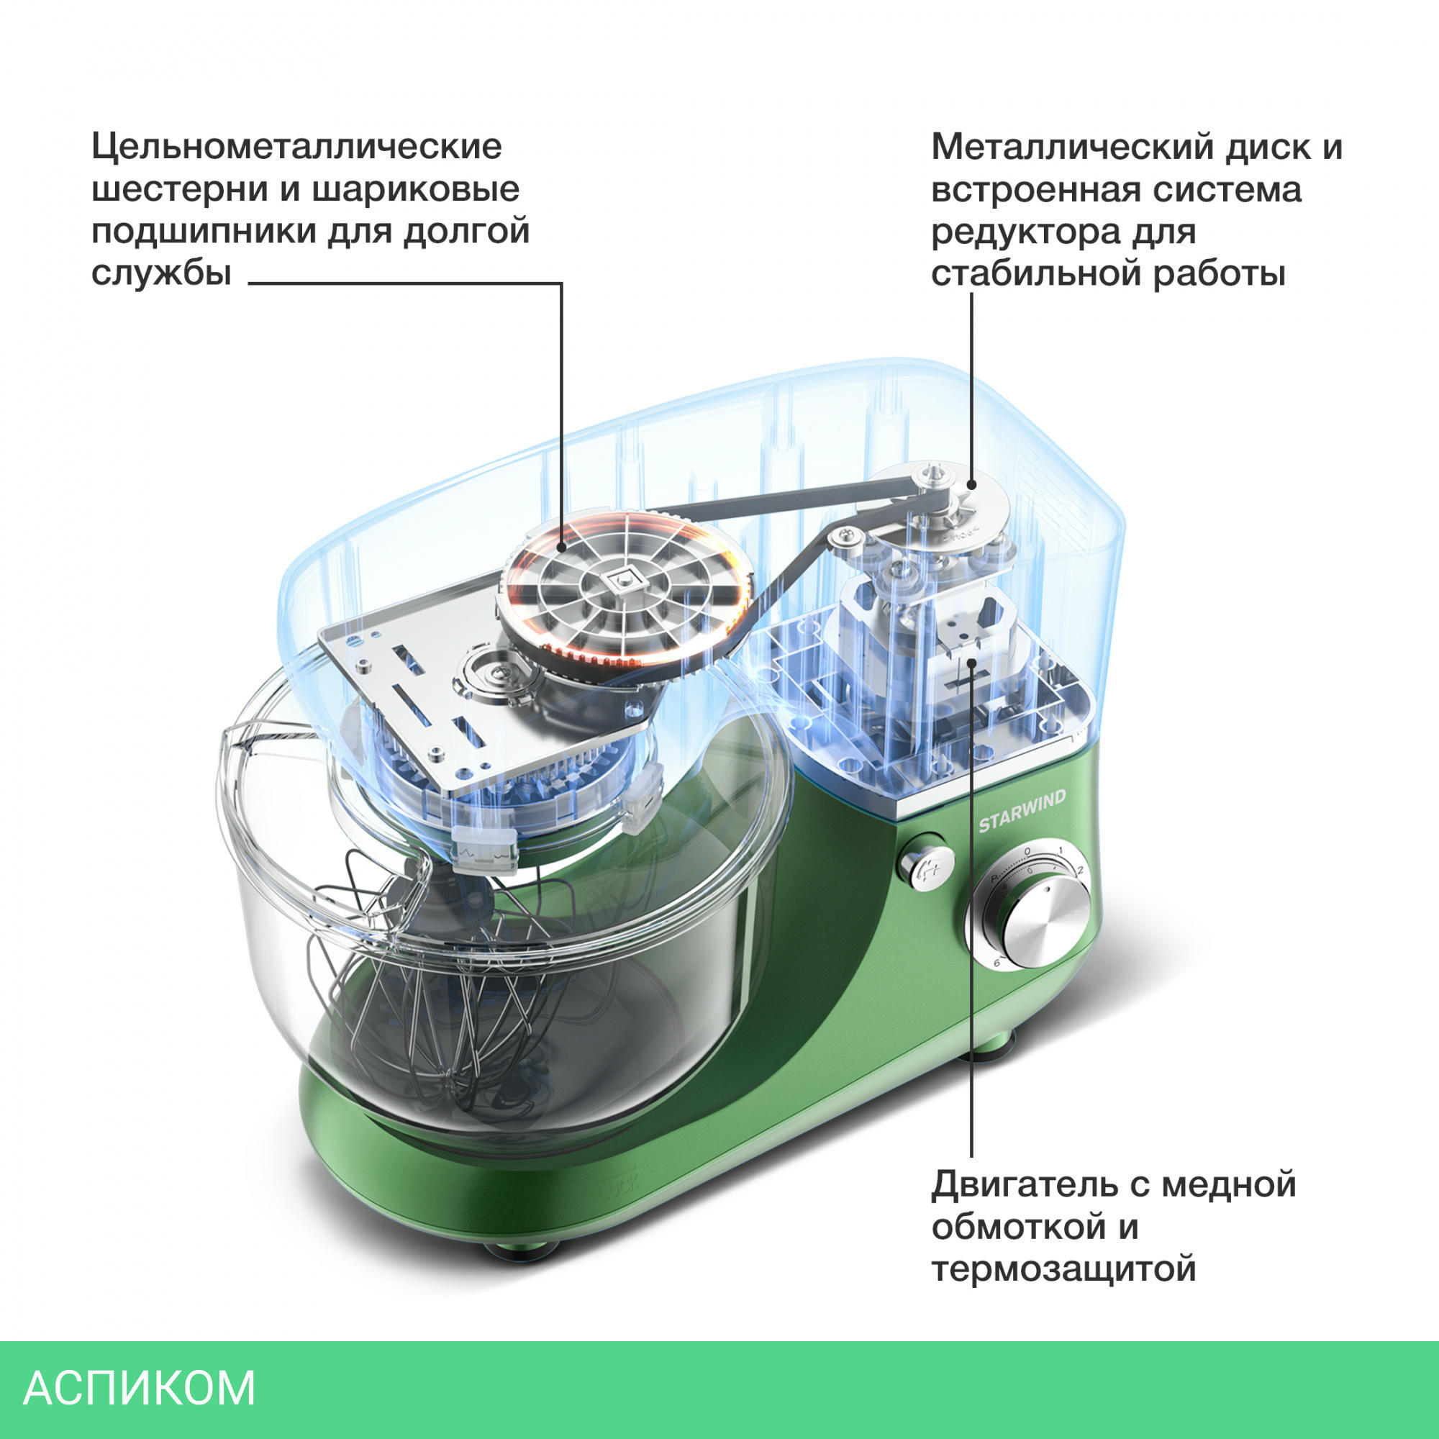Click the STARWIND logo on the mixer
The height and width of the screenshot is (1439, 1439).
click(x=1021, y=811)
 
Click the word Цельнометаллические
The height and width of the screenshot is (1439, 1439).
click(x=296, y=147)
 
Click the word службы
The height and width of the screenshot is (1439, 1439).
click(x=161, y=273)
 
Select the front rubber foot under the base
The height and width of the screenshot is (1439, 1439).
click(x=521, y=1250)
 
